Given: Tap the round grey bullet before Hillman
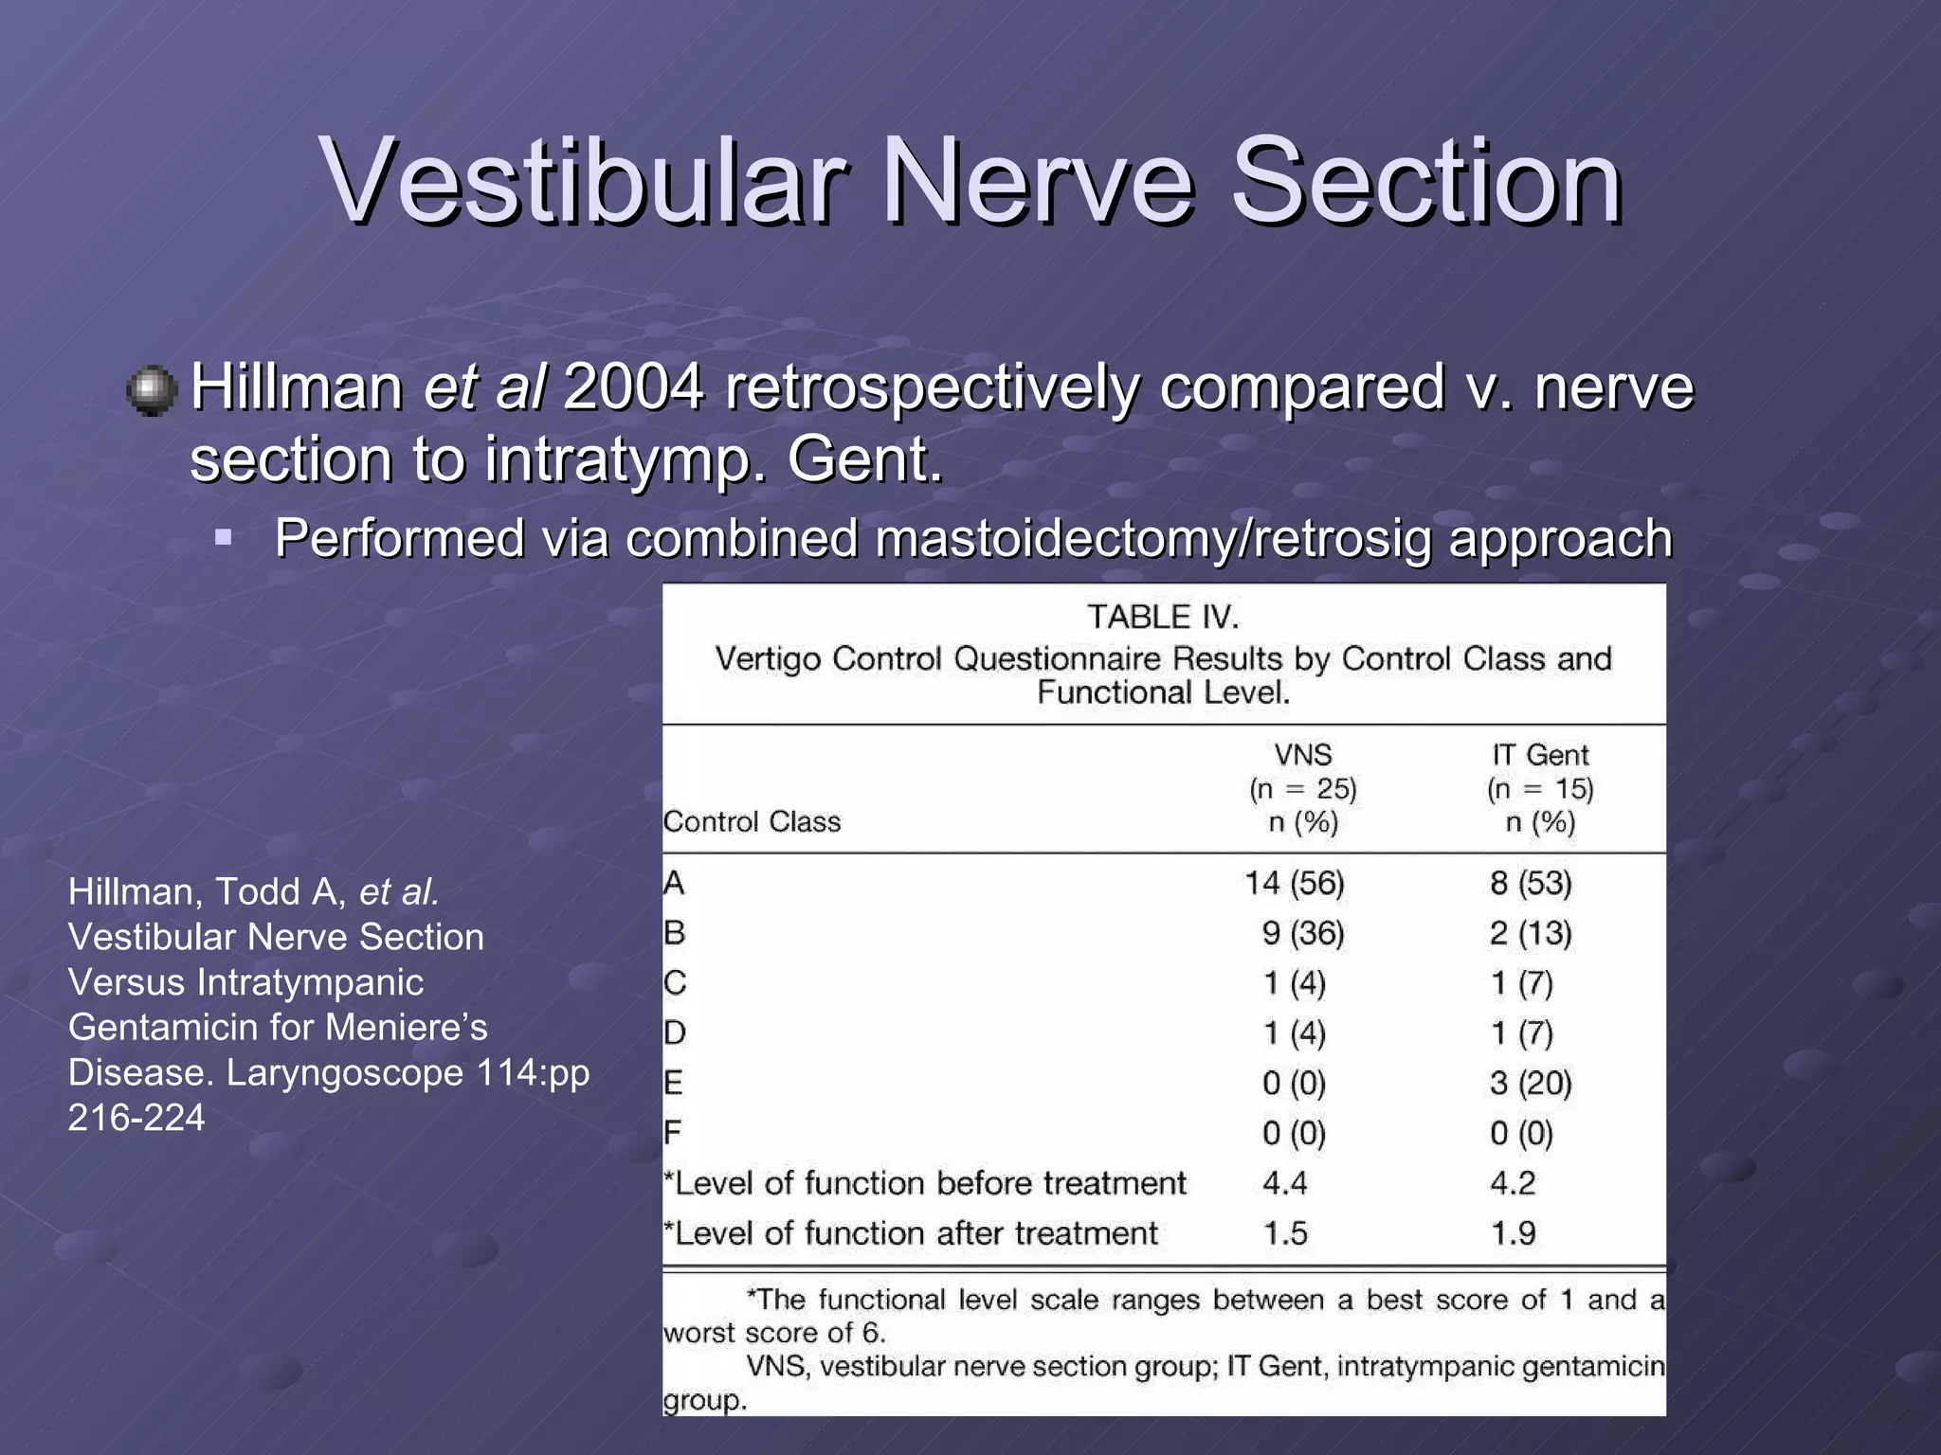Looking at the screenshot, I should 152,391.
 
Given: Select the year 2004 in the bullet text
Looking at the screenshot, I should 633,388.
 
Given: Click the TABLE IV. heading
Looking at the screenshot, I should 1163,618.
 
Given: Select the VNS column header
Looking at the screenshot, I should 1303,755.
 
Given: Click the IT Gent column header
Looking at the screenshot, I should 1540,755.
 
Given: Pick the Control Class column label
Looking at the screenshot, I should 752,821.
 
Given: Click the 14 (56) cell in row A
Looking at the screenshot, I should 1295,883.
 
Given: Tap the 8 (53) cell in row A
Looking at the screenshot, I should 1531,883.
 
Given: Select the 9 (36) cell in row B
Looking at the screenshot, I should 1303,933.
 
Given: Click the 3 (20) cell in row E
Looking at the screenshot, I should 1531,1083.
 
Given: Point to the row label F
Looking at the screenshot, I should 672,1133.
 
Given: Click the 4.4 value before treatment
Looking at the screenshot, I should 1285,1183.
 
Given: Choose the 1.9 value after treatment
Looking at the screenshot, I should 1513,1233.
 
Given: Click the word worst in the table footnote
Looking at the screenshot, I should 699,1334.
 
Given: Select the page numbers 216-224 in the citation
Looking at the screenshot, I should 136,1118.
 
